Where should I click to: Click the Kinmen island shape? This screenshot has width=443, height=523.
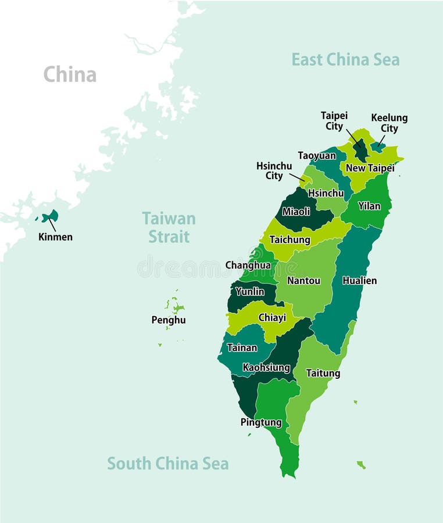(51, 216)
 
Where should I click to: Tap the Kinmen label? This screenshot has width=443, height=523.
(55, 237)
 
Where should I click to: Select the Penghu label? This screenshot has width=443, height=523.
(169, 320)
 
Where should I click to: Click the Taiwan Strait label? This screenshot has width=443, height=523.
(169, 228)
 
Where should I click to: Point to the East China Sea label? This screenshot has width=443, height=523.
(345, 59)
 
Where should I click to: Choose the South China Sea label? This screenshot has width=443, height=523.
(167, 464)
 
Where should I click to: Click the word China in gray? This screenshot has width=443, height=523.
(70, 74)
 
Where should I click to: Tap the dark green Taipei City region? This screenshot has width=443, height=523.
(360, 151)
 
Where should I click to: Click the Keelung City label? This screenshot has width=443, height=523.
(389, 123)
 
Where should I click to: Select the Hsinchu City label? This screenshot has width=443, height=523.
(274, 171)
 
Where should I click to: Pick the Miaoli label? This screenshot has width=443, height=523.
(296, 212)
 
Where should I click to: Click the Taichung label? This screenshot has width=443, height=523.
(290, 239)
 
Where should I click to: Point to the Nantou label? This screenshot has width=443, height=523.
(303, 281)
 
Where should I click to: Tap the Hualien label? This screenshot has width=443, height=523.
(359, 281)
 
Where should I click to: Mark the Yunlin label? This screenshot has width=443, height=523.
(250, 292)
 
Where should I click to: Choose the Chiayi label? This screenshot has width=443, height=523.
(272, 318)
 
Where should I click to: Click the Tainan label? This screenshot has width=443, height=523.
(242, 348)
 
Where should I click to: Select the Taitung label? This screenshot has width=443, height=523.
(323, 373)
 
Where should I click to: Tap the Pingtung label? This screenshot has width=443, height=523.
(261, 422)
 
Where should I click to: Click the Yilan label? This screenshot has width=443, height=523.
(369, 206)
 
